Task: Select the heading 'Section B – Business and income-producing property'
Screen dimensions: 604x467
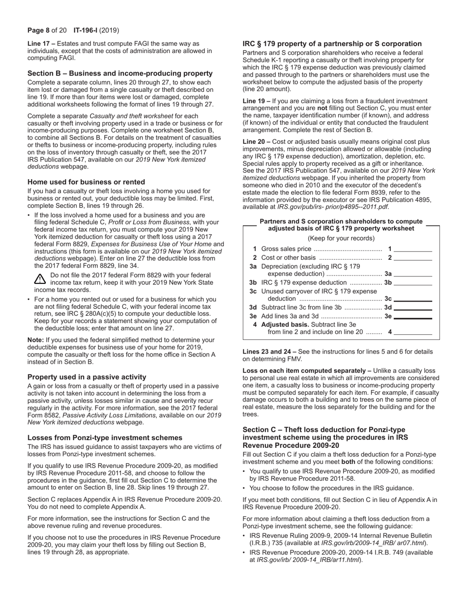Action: pos(120,73)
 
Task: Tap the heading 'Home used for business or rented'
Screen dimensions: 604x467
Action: pos(86,182)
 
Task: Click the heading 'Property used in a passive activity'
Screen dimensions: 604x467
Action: pos(87,377)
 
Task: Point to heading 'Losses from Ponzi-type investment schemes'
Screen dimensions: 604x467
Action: pos(105,438)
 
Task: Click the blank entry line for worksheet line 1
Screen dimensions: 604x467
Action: pos(413,249)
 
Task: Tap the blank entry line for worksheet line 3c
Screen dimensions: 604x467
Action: pos(413,299)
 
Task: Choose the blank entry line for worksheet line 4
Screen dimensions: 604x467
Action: pos(413,332)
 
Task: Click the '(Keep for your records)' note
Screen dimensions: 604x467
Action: pos(341,239)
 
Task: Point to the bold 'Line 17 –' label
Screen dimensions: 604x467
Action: pos(41,44)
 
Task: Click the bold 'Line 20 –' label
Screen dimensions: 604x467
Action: pos(257,142)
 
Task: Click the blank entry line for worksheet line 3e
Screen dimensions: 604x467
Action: pos(413,316)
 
